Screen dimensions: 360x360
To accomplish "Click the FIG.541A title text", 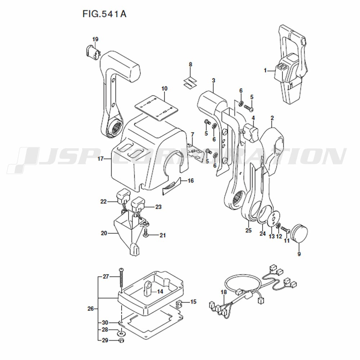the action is [x=104, y=14].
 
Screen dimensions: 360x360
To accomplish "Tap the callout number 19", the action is [x=95, y=39].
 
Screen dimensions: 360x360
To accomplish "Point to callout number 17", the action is [x=100, y=158].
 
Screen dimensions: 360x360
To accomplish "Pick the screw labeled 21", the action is [x=145, y=235].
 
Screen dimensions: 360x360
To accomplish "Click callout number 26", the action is [x=91, y=309].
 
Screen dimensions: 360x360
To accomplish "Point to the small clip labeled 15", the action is [x=179, y=304].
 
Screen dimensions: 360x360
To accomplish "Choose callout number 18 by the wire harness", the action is [x=224, y=292].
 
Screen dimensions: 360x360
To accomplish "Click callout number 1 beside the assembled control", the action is [x=265, y=70].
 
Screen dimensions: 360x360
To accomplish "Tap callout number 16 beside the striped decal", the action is [x=191, y=181].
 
